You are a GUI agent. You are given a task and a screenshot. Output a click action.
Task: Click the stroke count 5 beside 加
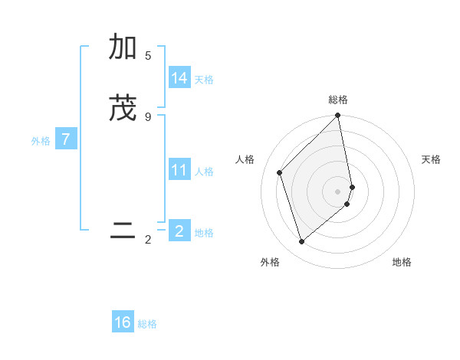(x=148, y=56)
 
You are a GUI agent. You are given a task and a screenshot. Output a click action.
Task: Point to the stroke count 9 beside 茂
(x=148, y=116)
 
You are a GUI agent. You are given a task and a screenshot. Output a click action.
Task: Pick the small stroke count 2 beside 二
(x=148, y=240)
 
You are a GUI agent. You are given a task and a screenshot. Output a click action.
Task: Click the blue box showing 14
(x=179, y=78)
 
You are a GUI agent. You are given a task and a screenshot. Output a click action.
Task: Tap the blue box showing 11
(x=179, y=170)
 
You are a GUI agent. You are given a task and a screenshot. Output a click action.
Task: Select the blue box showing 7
(x=66, y=140)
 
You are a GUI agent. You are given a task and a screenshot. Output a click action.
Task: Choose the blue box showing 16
(x=123, y=322)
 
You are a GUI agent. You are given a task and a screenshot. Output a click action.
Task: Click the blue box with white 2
(x=179, y=231)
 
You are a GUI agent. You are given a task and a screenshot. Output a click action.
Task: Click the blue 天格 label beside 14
(x=204, y=80)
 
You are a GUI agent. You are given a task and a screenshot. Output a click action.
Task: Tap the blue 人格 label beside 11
(x=204, y=172)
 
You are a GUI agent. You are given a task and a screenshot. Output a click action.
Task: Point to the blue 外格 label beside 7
(x=41, y=141)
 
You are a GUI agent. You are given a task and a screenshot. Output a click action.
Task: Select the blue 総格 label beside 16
(x=147, y=324)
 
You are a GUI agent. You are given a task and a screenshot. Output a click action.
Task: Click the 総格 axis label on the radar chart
(x=338, y=100)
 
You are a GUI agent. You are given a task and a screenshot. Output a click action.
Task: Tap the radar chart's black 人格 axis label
(x=245, y=159)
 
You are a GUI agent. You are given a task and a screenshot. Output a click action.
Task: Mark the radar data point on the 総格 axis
(x=338, y=116)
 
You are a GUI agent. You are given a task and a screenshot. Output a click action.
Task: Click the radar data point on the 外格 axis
(x=301, y=242)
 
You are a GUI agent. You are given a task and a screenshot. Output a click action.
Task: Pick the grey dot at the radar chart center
(x=338, y=191)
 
